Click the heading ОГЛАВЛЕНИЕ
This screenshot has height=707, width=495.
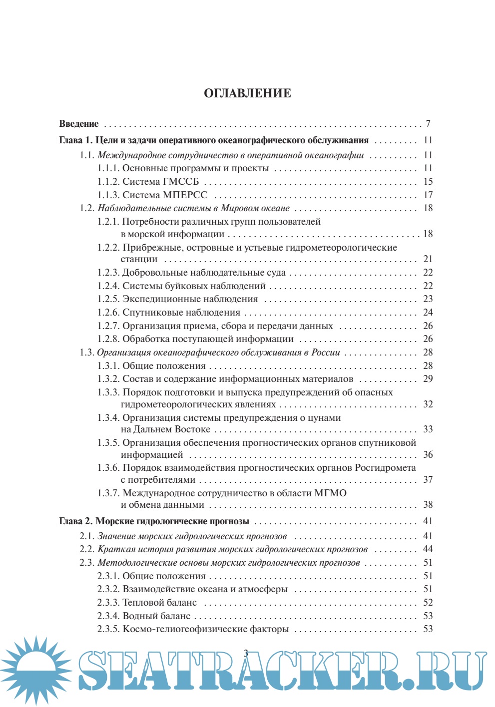tap(247, 93)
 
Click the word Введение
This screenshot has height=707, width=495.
tap(79, 124)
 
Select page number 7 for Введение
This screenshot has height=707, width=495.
tap(428, 124)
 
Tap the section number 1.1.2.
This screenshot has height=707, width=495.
tap(108, 182)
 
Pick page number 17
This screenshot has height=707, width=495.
tap(428, 195)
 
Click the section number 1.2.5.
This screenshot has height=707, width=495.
tap(108, 299)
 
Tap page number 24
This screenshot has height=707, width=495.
tap(428, 313)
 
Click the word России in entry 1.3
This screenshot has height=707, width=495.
tap(326, 353)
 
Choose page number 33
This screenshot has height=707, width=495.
tap(428, 429)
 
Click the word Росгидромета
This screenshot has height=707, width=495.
tap(385, 468)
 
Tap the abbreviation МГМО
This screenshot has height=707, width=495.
tap(330, 493)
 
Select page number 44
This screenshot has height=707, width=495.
tap(428, 549)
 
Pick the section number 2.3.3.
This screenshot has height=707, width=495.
tap(108, 603)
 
